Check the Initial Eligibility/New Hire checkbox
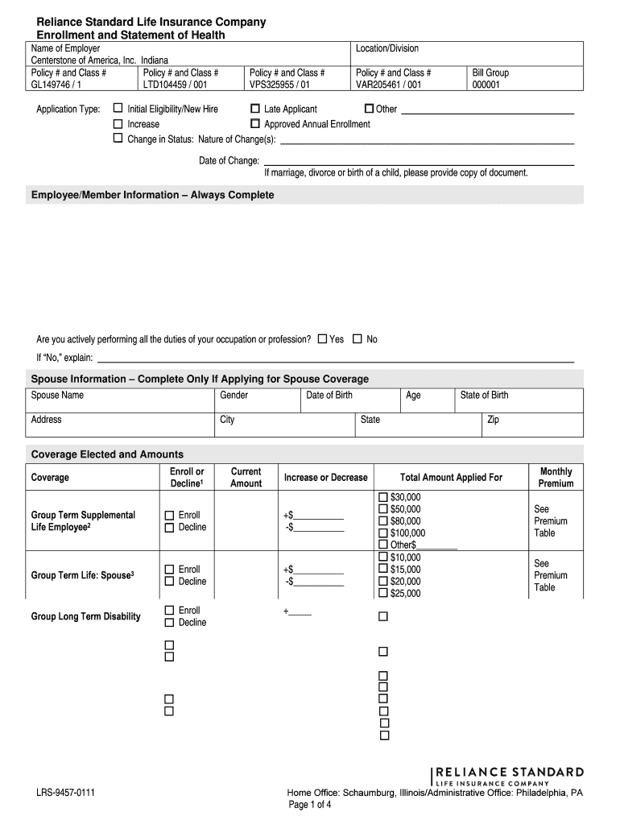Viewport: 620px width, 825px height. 118,109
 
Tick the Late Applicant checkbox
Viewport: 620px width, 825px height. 255,109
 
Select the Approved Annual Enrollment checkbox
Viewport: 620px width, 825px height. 255,124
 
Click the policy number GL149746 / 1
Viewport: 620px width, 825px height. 55,84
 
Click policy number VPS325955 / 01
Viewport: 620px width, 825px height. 279,84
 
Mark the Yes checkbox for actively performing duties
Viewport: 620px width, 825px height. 322,339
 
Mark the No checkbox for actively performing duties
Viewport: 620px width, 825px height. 358,339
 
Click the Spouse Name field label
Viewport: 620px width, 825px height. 57,396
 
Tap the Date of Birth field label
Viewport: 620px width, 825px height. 329,396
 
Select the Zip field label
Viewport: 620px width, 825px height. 493,420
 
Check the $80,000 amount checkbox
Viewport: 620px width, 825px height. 383,521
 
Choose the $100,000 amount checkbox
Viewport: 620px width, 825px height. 383,533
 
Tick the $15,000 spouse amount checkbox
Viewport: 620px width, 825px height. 383,570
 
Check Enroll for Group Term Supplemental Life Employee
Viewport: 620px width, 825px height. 169,516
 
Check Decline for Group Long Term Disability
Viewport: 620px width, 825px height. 169,623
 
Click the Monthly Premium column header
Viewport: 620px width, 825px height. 556,478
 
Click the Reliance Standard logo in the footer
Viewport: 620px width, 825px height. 508,775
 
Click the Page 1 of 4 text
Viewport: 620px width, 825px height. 310,805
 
